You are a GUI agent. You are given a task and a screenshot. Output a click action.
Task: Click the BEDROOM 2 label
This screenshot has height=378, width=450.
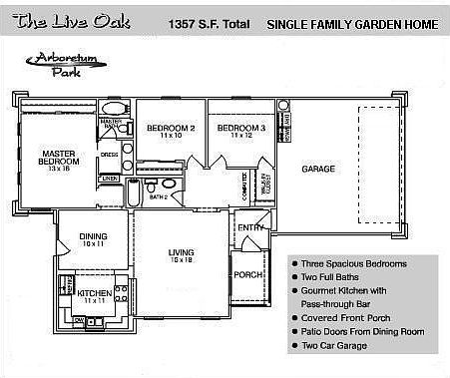click(170, 130)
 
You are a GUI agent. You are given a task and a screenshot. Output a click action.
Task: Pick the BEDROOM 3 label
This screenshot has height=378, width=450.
click(240, 130)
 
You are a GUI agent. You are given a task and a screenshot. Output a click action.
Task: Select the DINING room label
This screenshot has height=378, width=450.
click(93, 237)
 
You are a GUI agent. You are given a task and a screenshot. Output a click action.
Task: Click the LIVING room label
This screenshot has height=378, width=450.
click(181, 252)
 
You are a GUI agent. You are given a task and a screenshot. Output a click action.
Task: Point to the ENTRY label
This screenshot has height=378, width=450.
click(249, 228)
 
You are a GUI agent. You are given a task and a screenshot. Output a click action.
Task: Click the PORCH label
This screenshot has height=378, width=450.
click(246, 274)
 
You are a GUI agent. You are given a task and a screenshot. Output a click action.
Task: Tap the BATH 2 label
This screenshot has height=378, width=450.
click(158, 197)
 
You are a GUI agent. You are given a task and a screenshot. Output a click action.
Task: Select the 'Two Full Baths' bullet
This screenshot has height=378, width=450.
click(335, 277)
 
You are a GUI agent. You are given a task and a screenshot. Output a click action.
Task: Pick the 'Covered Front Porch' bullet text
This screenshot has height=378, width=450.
click(346, 318)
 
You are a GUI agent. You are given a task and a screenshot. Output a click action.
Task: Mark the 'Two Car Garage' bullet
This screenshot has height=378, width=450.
click(335, 345)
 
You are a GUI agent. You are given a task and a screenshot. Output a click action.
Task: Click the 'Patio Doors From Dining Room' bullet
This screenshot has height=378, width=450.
click(363, 331)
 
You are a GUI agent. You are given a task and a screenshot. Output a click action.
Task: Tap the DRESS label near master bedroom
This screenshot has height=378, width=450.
click(110, 155)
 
